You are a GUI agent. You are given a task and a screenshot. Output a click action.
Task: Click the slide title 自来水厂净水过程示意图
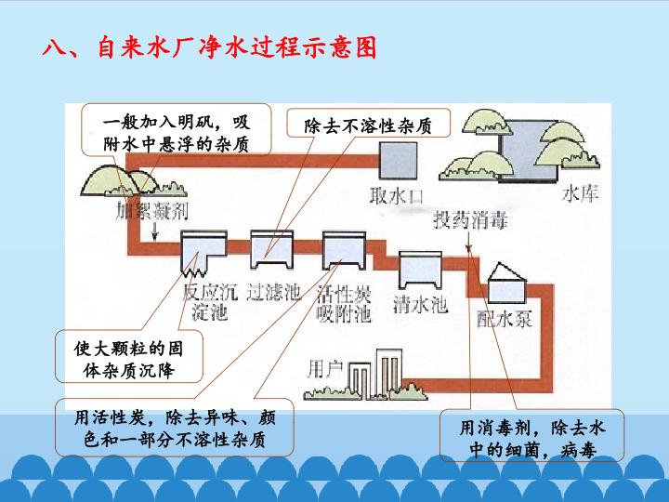pyautogui.click(x=210, y=47)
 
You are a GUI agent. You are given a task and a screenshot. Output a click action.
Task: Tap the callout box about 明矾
pyautogui.click(x=176, y=131)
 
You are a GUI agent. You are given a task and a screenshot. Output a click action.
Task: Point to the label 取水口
pyautogui.click(x=398, y=196)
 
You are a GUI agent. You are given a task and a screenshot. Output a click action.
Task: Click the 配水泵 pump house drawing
pyautogui.click(x=505, y=281)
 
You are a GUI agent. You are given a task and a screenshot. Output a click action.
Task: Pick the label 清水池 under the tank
pyautogui.click(x=421, y=304)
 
